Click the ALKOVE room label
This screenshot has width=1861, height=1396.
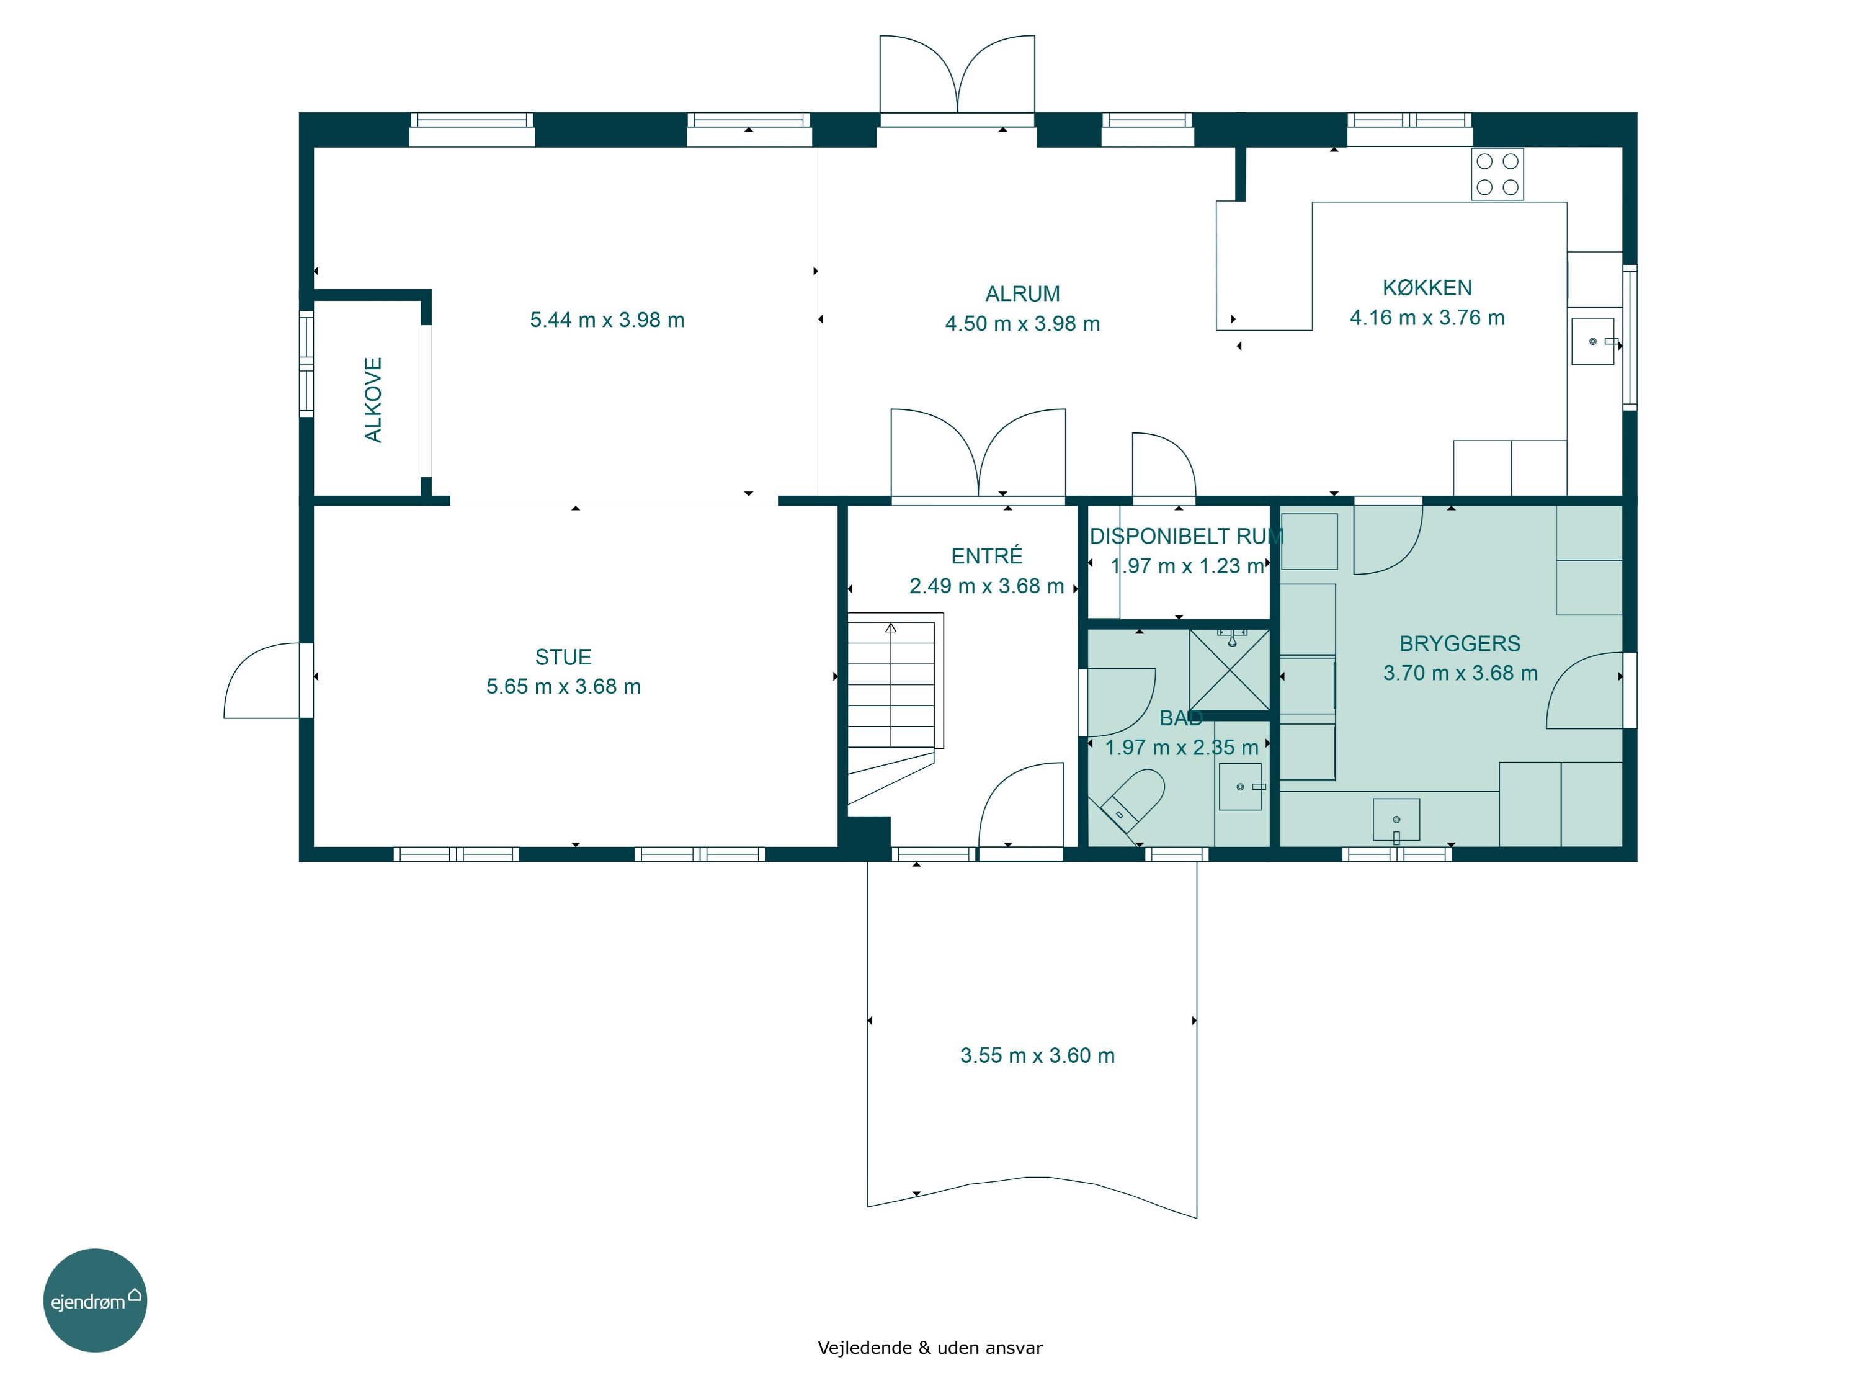(373, 400)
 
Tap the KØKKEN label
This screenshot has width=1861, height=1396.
(1427, 288)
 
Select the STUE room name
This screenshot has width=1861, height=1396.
(563, 657)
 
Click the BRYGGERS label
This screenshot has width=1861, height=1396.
(1460, 644)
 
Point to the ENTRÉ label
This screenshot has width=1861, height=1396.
(987, 555)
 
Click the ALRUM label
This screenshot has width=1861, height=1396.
(1022, 293)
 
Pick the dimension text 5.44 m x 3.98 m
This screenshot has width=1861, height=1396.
(607, 320)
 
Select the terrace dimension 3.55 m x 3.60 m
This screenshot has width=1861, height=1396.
(1037, 1055)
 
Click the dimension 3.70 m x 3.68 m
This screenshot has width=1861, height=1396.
(1460, 673)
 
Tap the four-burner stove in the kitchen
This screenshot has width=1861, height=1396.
(1497, 174)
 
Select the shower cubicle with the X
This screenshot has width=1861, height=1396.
(1229, 670)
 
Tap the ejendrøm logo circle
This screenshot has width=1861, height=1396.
(95, 1300)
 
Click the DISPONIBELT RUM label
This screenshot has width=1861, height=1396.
(1186, 536)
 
